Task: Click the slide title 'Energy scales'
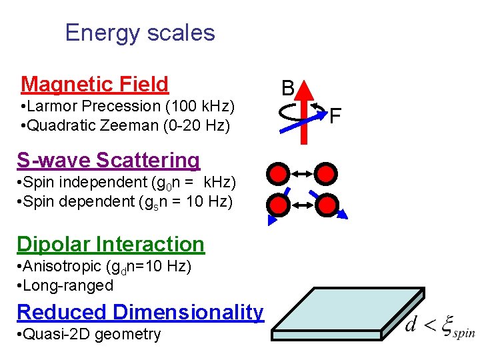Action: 140,33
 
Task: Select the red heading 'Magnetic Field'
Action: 95,84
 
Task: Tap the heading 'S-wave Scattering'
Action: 108,160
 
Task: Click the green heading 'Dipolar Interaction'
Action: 111,245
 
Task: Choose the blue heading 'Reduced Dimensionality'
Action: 140,311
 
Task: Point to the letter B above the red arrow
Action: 288,87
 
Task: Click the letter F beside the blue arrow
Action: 335,116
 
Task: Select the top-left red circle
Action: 278,174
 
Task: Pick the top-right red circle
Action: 326,174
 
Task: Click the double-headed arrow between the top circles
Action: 302,175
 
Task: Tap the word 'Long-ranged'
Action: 67,285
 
